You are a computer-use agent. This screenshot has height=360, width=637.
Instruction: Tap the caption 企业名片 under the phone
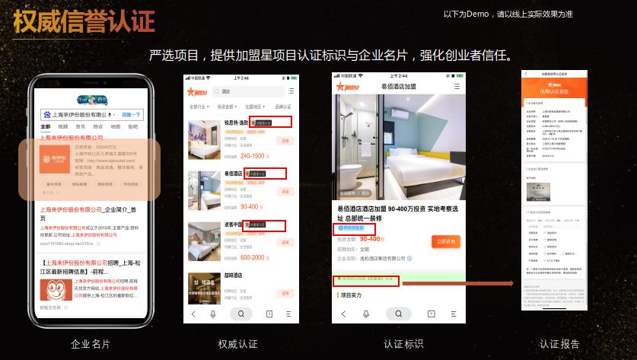pyautogui.click(x=91, y=344)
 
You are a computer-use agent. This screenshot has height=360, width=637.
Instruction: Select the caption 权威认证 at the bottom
pyautogui.click(x=237, y=344)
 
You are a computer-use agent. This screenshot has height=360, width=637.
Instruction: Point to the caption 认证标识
pyautogui.click(x=403, y=344)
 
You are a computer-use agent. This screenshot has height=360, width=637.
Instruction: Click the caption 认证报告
pyautogui.click(x=559, y=344)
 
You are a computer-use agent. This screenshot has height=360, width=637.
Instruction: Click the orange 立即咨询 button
pyautogui.click(x=447, y=241)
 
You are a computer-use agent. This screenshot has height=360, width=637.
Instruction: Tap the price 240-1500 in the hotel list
pyautogui.click(x=253, y=156)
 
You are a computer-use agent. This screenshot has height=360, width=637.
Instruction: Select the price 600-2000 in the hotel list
pyautogui.click(x=253, y=257)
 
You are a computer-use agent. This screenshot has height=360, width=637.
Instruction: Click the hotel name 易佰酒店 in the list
pyautogui.click(x=234, y=174)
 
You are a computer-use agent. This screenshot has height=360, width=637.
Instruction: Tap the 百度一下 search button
pyautogui.click(x=132, y=114)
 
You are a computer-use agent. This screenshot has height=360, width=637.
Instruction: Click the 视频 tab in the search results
pyautogui.click(x=62, y=126)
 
